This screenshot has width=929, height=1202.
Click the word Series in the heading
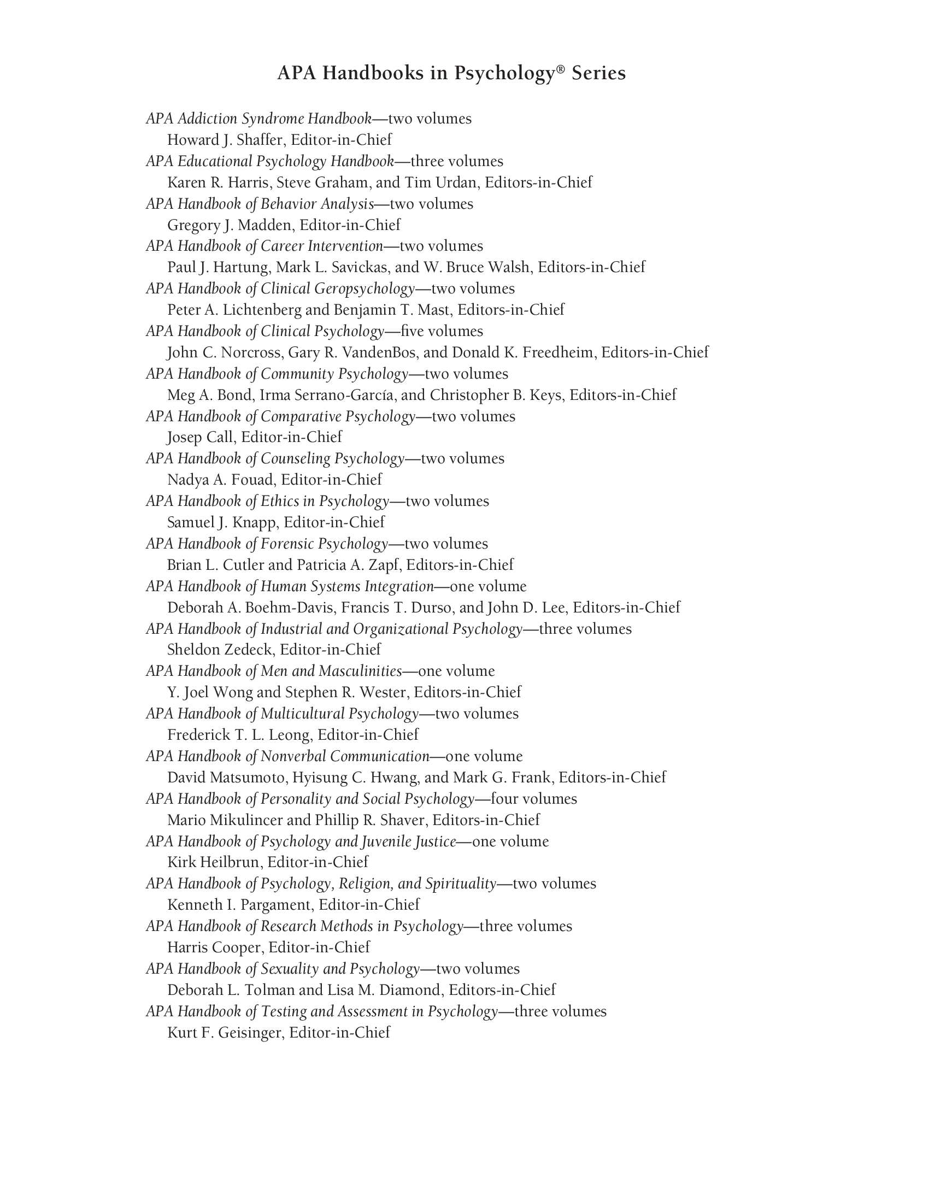[599, 73]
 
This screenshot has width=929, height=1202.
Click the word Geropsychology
[364, 289]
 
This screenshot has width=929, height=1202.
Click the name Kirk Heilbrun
[213, 862]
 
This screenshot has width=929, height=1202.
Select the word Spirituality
[461, 883]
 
